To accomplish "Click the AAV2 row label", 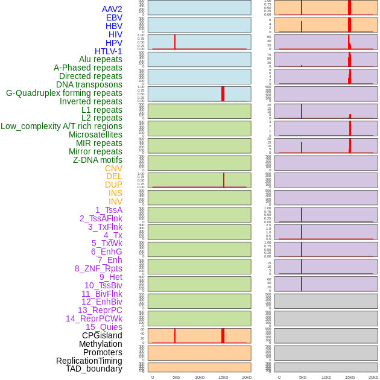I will (x=112, y=9).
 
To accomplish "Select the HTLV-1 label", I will (x=108, y=51).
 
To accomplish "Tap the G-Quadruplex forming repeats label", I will (x=64, y=93).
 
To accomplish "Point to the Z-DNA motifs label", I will (x=97, y=160).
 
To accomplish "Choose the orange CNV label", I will (x=113, y=168).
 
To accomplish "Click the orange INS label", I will (x=115, y=193).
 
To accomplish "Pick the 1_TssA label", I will (x=109, y=210).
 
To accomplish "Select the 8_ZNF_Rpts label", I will (x=98, y=268).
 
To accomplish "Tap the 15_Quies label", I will (x=104, y=327).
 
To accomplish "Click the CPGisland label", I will (x=102, y=335).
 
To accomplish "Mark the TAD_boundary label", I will (x=93, y=369).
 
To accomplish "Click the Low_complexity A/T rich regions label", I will (x=61, y=126).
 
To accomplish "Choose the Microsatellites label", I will (x=95, y=135).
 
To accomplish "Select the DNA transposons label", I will (x=89, y=84).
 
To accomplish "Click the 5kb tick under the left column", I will (x=176, y=377).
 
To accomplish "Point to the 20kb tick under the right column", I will (x=373, y=377).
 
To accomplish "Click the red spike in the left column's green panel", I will (x=224, y=180).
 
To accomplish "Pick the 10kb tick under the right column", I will (x=326, y=377).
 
